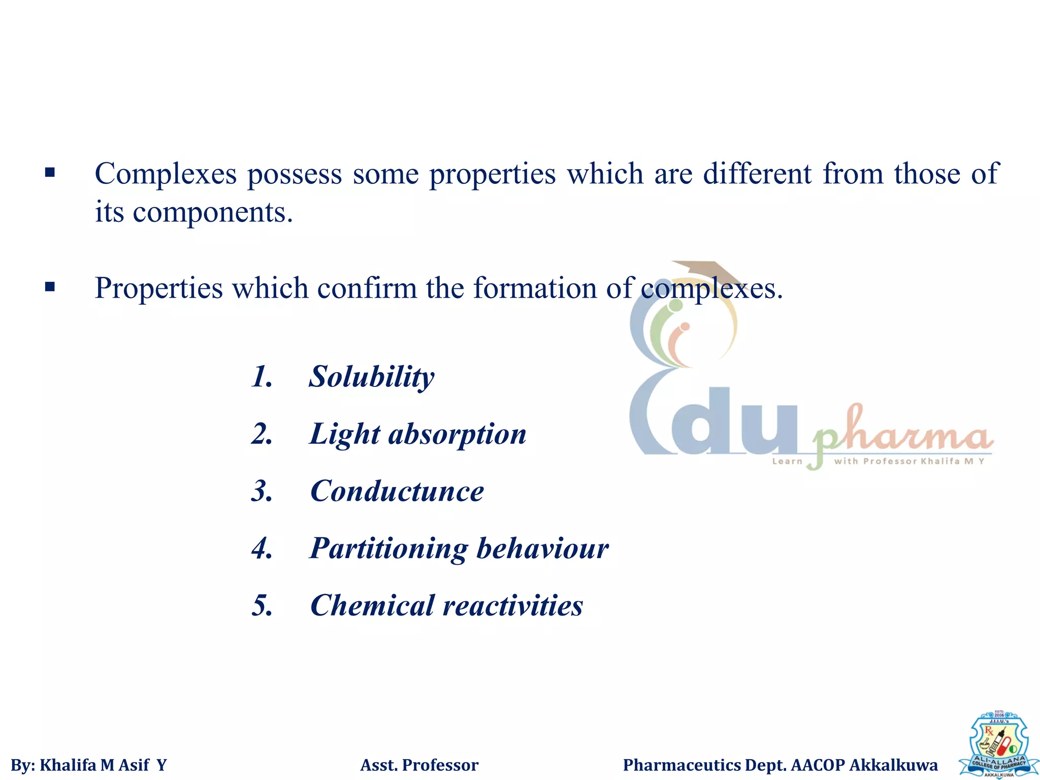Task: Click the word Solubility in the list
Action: pyautogui.click(x=371, y=377)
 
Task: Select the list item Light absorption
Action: pyautogui.click(x=417, y=435)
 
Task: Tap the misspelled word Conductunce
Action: pyautogui.click(x=397, y=492)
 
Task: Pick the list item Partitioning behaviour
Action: pyautogui.click(x=459, y=549)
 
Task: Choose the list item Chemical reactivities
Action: pyautogui.click(x=446, y=606)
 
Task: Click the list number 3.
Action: pyautogui.click(x=262, y=492)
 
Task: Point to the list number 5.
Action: pyautogui.click(x=262, y=606)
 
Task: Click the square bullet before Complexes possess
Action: pyautogui.click(x=50, y=173)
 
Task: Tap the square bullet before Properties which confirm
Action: pyautogui.click(x=50, y=287)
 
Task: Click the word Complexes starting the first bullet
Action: pyautogui.click(x=166, y=174)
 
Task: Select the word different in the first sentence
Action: pyautogui.click(x=757, y=174)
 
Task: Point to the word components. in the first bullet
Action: pyautogui.click(x=213, y=212)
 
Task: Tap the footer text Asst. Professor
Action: pyautogui.click(x=419, y=765)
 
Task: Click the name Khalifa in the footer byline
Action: pyautogui.click(x=68, y=765)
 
